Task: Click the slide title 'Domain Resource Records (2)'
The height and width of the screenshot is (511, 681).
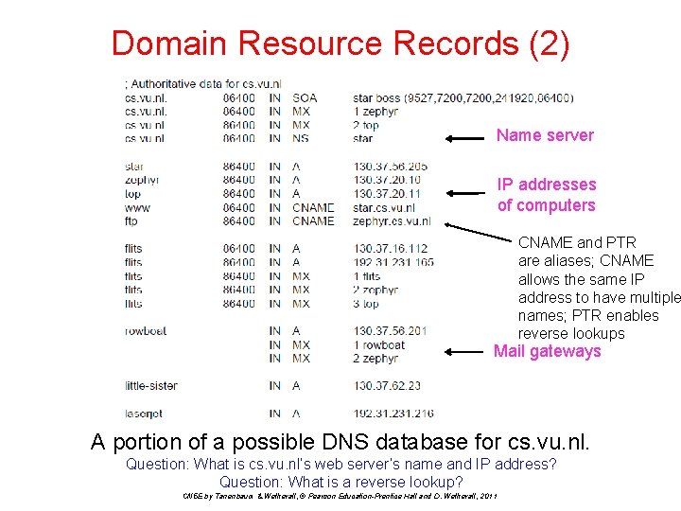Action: coord(340,44)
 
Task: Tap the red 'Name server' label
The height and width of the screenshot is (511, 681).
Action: coord(545,135)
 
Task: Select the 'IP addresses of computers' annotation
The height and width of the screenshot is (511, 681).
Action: coord(547,195)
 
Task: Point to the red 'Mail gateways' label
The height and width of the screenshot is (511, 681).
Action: coord(547,351)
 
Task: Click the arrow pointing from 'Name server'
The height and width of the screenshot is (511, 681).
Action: coord(466,138)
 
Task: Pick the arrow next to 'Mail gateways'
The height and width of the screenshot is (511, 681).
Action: coord(466,351)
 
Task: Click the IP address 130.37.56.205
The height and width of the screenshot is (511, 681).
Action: coord(390,166)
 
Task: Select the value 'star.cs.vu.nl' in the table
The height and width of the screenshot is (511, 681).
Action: coord(384,207)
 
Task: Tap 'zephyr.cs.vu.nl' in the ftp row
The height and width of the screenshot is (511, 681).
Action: coord(392,220)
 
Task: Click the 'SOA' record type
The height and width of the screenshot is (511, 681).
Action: coord(305,97)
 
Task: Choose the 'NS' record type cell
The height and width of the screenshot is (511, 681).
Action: coord(300,138)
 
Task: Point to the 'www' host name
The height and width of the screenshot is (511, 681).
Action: coord(137,207)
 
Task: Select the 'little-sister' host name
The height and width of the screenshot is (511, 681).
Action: coord(150,385)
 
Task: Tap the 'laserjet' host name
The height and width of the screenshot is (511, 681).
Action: coord(144,414)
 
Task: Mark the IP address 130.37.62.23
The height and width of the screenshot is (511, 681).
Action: coord(387,385)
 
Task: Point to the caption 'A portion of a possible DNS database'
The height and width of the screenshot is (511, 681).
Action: coord(340,441)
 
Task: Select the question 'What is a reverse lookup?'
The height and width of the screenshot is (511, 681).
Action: coord(340,481)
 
